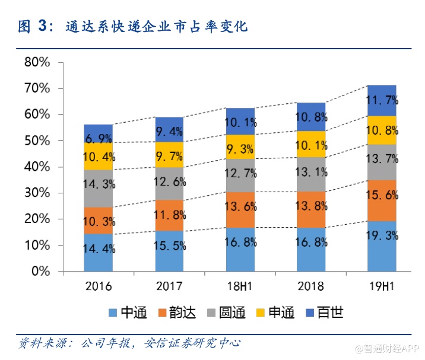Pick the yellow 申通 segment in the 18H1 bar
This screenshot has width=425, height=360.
(240, 146)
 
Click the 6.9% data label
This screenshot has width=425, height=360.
(99, 138)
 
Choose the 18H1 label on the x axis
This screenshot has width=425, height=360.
(240, 286)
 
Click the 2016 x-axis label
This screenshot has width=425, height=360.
(99, 286)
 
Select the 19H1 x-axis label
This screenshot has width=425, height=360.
(382, 286)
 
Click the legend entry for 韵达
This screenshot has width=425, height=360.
(181, 313)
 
